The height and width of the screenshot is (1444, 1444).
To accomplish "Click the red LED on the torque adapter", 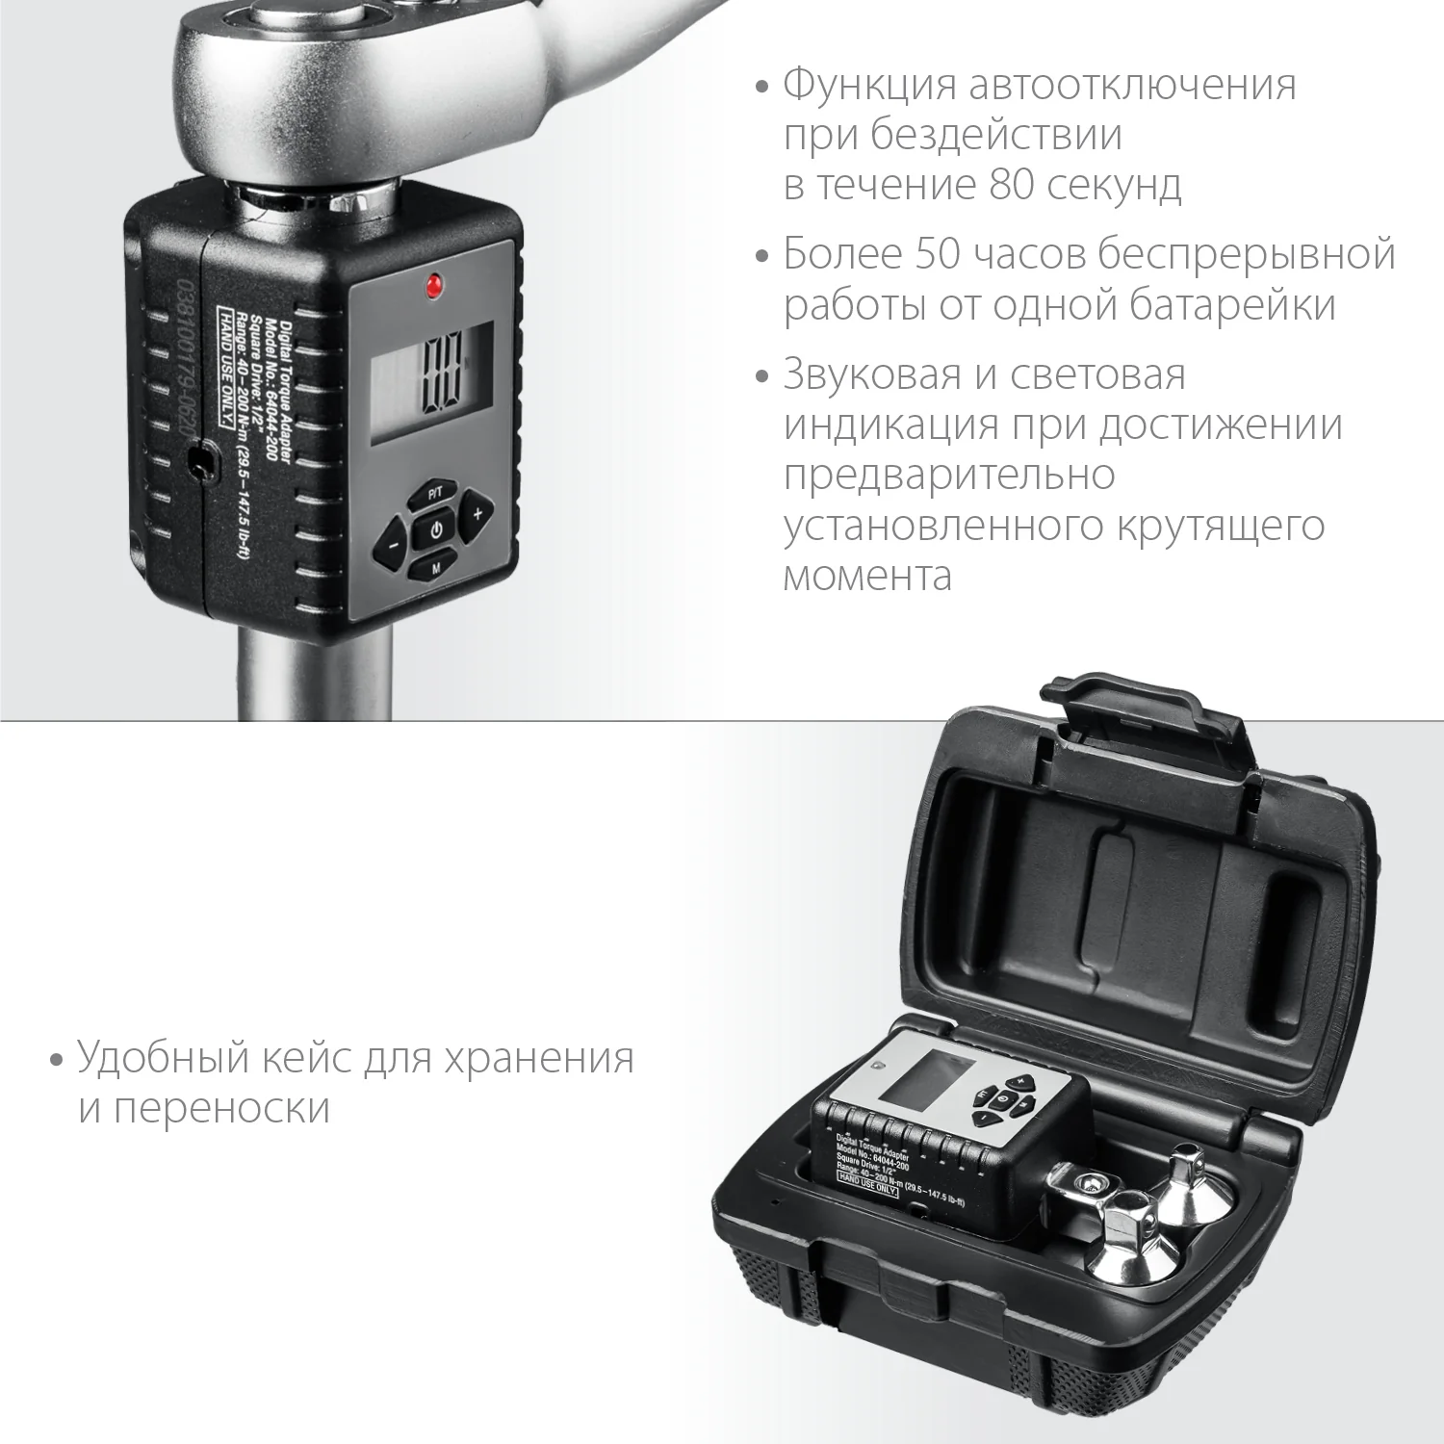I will coord(433,285).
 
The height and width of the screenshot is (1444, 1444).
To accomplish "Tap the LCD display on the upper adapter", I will coord(432,382).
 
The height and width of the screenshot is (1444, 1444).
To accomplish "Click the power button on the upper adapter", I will coord(435,530).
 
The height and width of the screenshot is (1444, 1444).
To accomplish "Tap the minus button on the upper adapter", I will coord(393,549).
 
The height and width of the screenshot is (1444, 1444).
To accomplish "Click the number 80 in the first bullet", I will coord(1011,184).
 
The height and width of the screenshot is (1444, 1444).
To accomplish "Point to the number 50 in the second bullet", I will coord(938,254).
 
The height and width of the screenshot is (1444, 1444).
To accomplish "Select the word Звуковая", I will coord(872,374).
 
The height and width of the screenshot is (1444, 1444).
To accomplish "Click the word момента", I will coord(867,576).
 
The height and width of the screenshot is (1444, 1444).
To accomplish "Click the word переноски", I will coord(221,1108).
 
